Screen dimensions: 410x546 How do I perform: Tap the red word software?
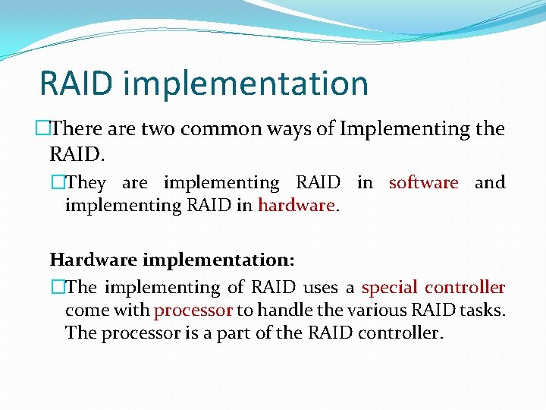coord(423,183)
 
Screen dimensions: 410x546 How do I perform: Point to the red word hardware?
coord(296,205)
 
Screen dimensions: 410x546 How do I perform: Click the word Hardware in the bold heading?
coord(93,260)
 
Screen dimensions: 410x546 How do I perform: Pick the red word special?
coord(389,288)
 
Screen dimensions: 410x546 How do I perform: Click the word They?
coord(86,183)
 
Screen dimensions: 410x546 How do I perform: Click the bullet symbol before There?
coord(43,130)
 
